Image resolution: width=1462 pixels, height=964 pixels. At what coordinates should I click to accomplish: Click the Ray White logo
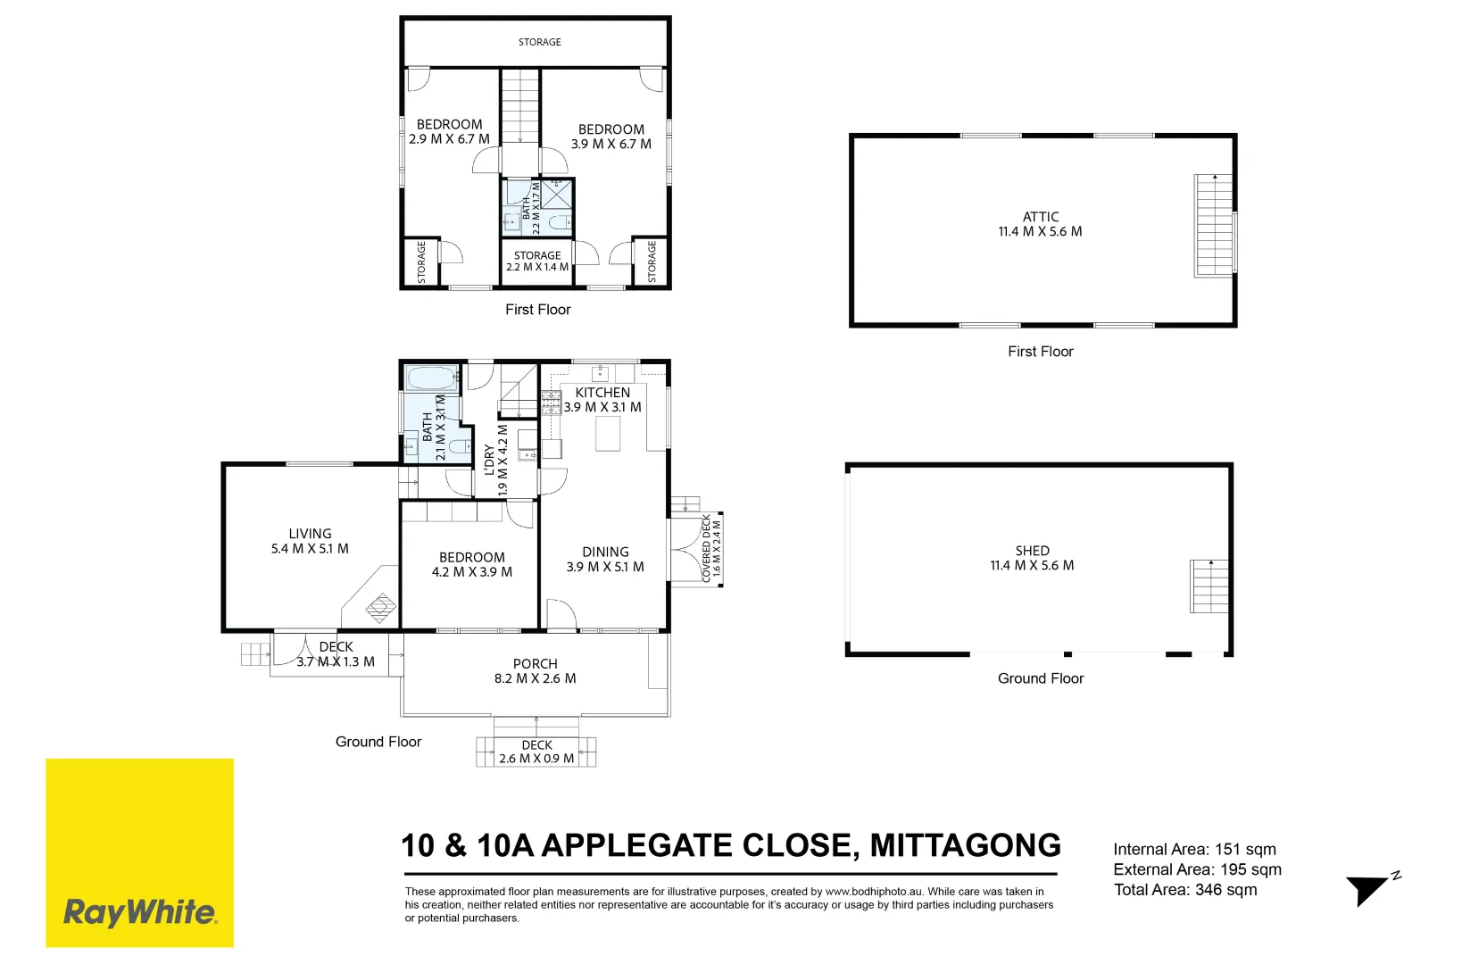coord(139,852)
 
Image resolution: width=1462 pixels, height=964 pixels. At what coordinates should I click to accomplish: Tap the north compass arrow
coord(1366,891)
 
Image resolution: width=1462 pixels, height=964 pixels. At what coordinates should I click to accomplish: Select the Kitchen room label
coord(602,392)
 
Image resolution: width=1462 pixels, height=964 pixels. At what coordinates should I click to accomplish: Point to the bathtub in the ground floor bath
coord(431,378)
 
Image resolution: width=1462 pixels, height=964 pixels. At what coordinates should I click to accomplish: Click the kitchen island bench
coord(608,434)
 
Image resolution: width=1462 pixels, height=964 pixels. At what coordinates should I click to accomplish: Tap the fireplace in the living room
coord(380,607)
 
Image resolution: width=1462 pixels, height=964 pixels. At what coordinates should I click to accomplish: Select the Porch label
coord(536,664)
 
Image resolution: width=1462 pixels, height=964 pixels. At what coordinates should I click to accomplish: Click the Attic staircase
coord(1213,225)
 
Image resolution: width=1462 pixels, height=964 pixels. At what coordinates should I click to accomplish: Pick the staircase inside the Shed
coord(1209,586)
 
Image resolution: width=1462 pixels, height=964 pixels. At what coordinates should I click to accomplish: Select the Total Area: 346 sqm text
coord(1185,890)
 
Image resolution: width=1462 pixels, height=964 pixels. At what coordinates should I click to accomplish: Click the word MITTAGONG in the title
coord(966,845)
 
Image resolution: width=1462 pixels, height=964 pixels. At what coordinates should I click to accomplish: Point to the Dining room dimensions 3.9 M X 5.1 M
coord(605,567)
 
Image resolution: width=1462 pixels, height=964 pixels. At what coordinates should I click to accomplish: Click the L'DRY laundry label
coord(489,461)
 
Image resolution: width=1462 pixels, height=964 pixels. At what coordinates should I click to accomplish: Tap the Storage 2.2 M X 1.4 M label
coord(537,261)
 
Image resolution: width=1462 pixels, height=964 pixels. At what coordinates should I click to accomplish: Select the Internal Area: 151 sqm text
coord(1194,849)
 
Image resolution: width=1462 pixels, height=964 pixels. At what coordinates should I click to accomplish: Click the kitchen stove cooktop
coord(551,403)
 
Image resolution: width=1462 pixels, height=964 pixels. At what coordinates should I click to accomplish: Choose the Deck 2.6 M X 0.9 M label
coord(536,752)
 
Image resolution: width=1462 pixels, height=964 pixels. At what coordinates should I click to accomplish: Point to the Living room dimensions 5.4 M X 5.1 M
coord(310,549)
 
